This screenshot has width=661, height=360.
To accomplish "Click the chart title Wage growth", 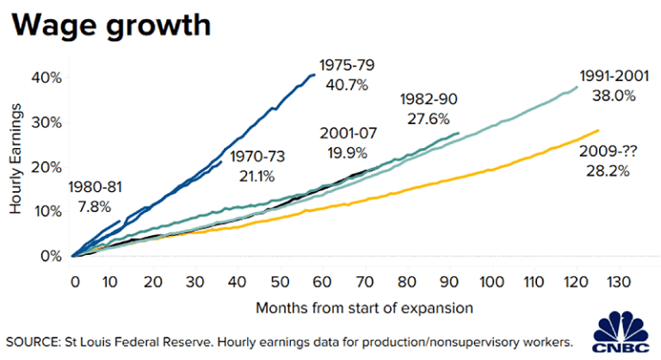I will (x=109, y=25).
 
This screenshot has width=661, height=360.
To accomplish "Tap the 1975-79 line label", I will (x=347, y=65).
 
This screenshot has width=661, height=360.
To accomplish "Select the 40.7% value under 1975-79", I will (x=347, y=84).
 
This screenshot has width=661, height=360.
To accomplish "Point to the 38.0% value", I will (x=613, y=96).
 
